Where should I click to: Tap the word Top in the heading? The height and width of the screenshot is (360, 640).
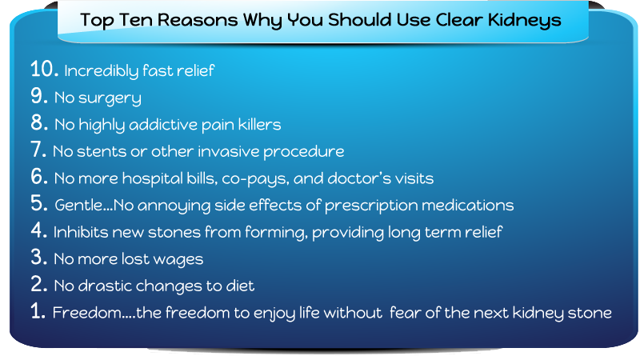click(97, 21)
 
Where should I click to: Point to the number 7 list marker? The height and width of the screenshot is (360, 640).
click(38, 150)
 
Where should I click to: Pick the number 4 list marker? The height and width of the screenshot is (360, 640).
click(38, 230)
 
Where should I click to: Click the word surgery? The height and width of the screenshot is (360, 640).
click(110, 98)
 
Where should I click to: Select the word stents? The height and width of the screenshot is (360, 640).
click(102, 152)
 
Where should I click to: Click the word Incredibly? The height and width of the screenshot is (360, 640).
click(102, 71)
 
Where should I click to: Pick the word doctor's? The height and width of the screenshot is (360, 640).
click(359, 178)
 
